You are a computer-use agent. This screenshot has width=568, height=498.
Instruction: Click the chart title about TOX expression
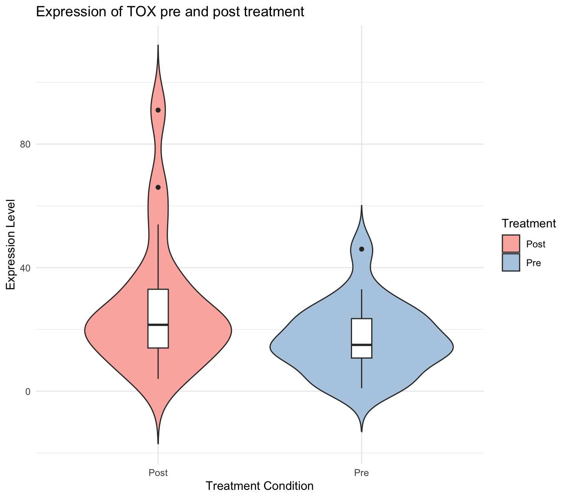pyautogui.click(x=170, y=11)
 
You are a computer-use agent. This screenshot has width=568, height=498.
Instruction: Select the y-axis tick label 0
pyautogui.click(x=27, y=392)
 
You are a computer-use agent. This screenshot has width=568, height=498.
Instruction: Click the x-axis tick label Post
pyautogui.click(x=158, y=473)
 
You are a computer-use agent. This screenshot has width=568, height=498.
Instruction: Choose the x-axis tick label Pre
pyautogui.click(x=362, y=473)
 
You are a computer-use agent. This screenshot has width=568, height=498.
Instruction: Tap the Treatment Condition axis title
pyautogui.click(x=260, y=486)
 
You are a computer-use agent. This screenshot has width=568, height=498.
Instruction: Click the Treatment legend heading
pyautogui.click(x=529, y=223)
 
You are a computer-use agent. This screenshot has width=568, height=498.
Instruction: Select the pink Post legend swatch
pyautogui.click(x=511, y=244)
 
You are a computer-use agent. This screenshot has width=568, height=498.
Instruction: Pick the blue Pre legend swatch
pyautogui.click(x=511, y=262)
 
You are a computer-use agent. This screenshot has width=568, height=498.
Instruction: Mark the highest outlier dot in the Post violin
pyautogui.click(x=158, y=110)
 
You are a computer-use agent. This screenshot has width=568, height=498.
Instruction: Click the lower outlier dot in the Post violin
pyautogui.click(x=158, y=187)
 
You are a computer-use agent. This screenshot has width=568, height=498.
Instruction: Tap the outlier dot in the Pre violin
pyautogui.click(x=362, y=249)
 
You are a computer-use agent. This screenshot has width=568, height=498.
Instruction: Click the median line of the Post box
pyautogui.click(x=158, y=325)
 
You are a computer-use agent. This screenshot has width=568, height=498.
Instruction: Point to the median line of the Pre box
pyautogui.click(x=362, y=345)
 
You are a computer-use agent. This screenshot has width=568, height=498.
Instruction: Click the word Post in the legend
pyautogui.click(x=536, y=244)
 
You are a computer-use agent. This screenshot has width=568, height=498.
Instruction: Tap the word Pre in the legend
pyautogui.click(x=534, y=263)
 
